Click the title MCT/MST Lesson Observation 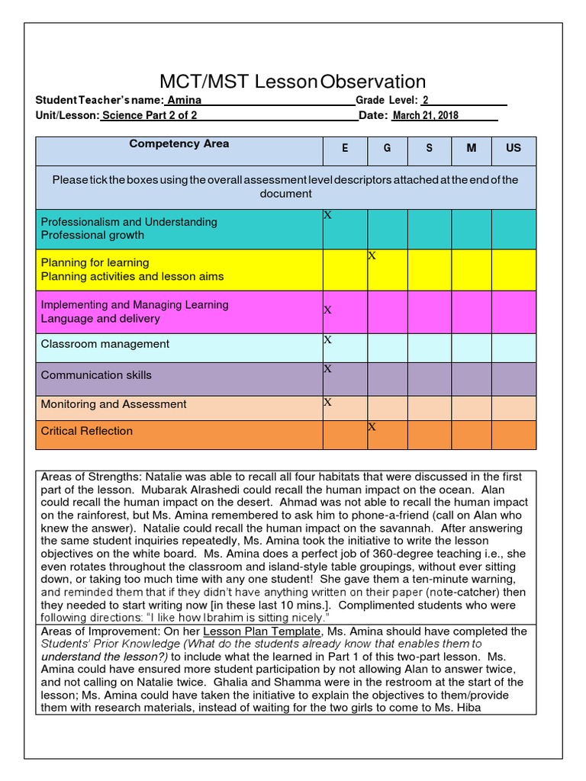pyautogui.click(x=292, y=82)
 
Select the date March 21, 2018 pyautogui.click(x=426, y=116)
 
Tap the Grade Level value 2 pyautogui.click(x=426, y=100)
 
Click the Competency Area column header pyautogui.click(x=179, y=144)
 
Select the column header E pyautogui.click(x=345, y=148)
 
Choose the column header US pyautogui.click(x=514, y=148)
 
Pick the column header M pyautogui.click(x=472, y=148)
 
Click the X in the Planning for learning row pyautogui.click(x=372, y=256)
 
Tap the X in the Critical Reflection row pyautogui.click(x=372, y=427)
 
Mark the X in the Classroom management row pyautogui.click(x=328, y=340)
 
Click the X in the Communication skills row pyautogui.click(x=328, y=369)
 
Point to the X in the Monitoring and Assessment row pyautogui.click(x=328, y=402)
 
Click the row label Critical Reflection pyautogui.click(x=87, y=431)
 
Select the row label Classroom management pyautogui.click(x=105, y=344)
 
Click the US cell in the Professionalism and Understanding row pyautogui.click(x=514, y=229)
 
